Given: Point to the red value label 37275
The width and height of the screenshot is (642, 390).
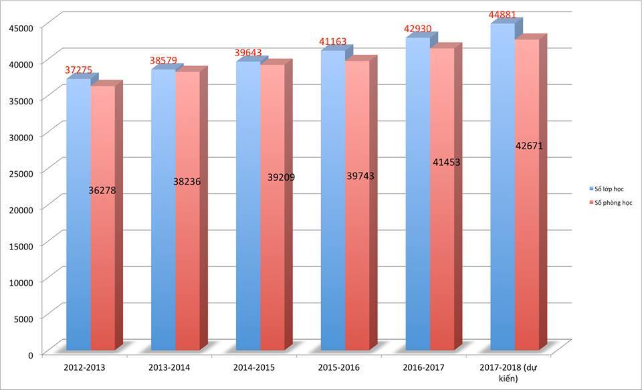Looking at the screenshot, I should pos(79,70).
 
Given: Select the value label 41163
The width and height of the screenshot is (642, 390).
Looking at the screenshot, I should pos(333,41).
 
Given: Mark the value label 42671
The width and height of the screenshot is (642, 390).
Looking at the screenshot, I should pos(528,146).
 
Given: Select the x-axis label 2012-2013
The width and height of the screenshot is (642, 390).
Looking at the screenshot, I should pos(84,367).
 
